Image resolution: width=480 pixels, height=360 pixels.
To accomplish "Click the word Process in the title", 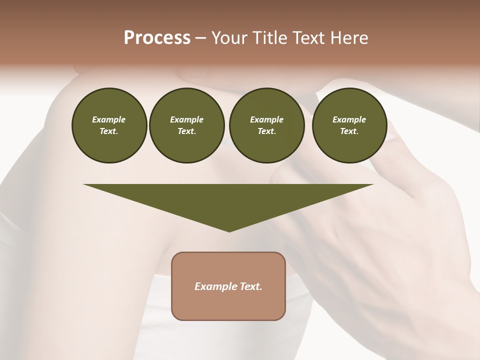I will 157,38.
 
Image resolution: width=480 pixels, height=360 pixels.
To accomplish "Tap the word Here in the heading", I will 349,38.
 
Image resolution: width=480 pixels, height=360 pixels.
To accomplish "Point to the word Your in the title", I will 229,38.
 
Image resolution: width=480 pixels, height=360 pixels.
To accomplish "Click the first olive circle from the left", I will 109,125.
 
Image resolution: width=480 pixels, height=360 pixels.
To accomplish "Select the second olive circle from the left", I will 186,125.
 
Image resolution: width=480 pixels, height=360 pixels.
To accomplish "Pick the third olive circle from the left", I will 266,125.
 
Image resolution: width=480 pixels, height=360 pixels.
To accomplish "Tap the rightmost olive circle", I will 349,125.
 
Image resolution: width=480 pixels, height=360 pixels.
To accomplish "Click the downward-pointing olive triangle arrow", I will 228,200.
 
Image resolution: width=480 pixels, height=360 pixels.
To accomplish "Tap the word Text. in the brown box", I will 250,286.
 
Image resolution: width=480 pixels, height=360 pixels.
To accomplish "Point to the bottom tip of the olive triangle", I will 229,231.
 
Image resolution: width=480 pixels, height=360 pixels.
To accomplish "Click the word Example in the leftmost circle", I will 109,119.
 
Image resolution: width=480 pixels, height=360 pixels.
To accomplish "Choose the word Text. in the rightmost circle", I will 349,131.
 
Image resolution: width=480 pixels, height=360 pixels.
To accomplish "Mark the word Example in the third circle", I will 266,119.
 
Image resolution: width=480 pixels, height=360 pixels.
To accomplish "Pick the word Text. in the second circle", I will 186,131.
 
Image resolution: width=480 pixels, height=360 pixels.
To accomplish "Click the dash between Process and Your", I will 201,38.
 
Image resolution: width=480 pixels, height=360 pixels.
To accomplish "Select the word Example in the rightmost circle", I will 349,119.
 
